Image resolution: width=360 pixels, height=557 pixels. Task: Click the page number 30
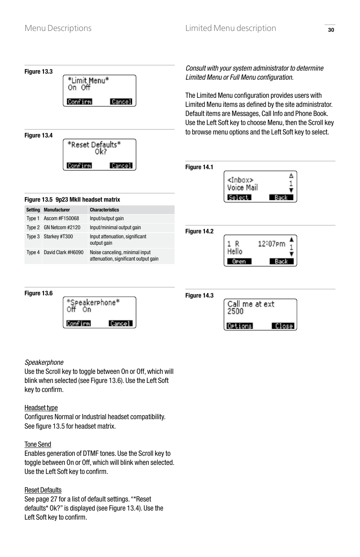point(331,30)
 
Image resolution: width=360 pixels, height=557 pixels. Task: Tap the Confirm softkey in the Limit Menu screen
point(79,102)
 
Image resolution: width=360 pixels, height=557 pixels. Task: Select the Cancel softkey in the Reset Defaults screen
point(121,166)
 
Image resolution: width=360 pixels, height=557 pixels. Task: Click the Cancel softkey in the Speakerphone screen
point(120,324)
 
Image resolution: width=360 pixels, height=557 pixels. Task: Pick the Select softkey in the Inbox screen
point(239,197)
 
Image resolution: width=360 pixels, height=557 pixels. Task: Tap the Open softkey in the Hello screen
point(239,261)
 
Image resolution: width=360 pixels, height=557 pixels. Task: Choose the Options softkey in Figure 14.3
point(240,326)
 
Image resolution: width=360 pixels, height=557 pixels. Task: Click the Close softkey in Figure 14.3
point(283,326)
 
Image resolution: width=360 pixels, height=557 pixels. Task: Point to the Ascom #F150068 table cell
point(62,219)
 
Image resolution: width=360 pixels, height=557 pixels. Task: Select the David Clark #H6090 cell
point(63,253)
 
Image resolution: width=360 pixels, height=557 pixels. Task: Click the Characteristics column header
point(105,210)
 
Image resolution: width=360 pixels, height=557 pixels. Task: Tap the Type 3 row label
point(33,237)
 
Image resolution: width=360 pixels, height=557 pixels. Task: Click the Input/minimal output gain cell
point(115,228)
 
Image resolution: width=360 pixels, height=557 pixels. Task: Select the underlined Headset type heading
point(41,408)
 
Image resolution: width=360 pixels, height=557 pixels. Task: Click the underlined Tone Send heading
point(38,444)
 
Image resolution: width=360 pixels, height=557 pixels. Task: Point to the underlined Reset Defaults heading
point(43,490)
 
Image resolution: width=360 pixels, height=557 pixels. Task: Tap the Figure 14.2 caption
point(199,231)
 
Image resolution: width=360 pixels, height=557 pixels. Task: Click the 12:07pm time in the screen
point(271,244)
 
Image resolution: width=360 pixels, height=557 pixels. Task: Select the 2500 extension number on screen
point(235,312)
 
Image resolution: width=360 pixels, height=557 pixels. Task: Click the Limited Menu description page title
point(231,28)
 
